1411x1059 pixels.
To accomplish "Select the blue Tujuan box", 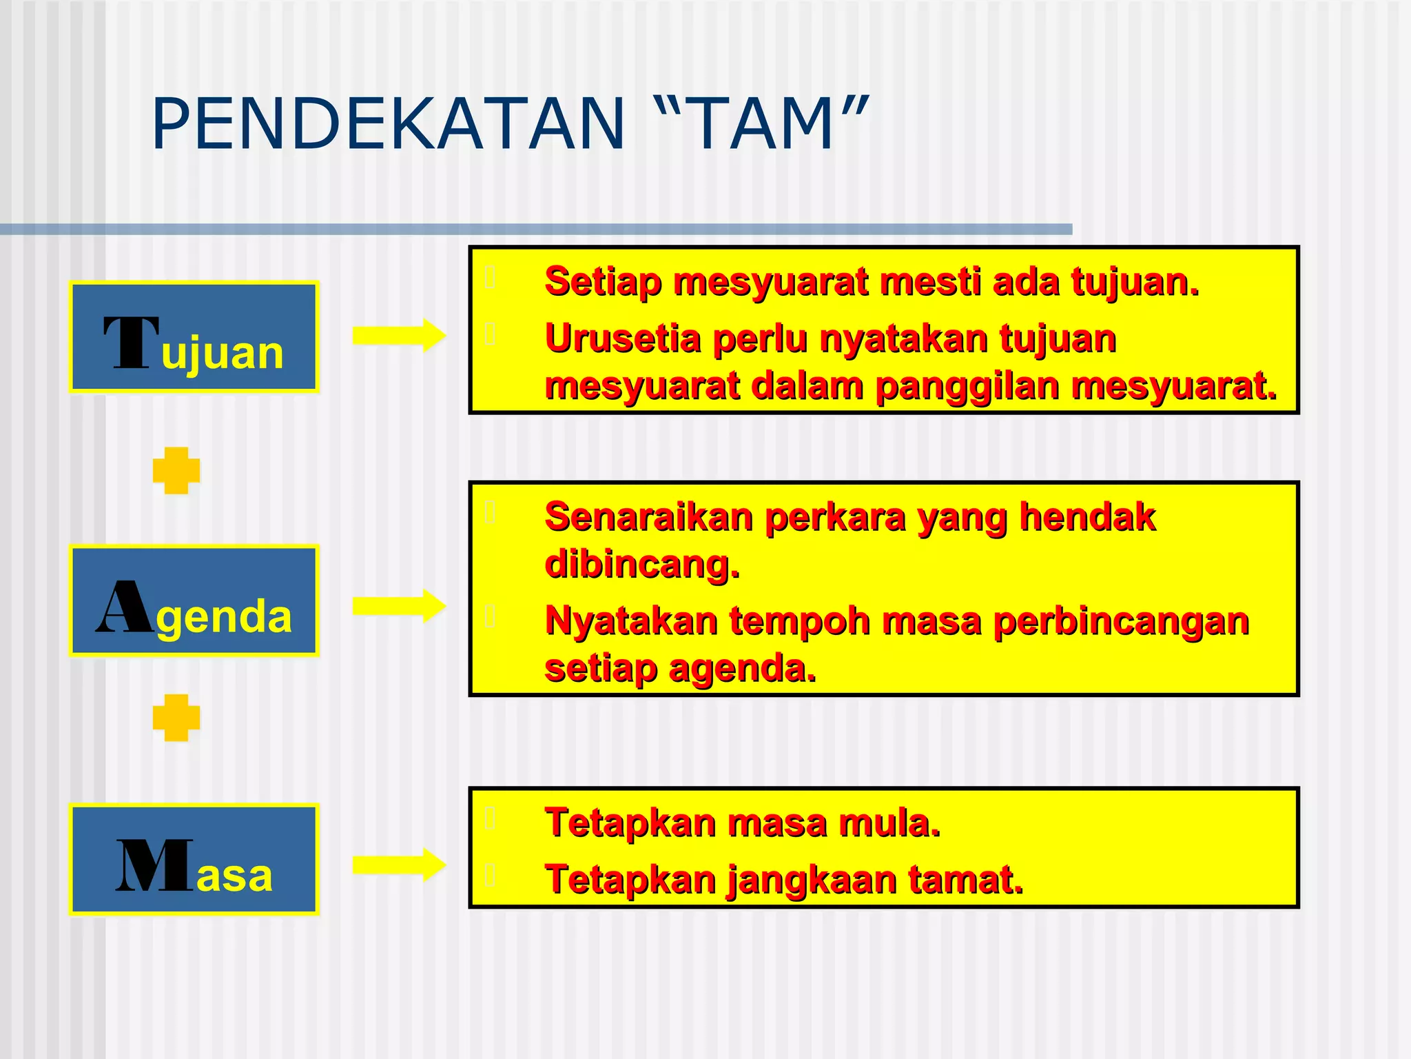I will click(x=194, y=337).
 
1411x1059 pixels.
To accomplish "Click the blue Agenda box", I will click(x=194, y=601).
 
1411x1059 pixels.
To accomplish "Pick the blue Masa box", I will click(x=194, y=860).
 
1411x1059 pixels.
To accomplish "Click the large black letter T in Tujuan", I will click(x=131, y=343).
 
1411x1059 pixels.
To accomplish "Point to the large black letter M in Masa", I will click(x=154, y=866).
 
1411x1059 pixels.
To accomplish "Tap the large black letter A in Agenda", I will click(x=125, y=607).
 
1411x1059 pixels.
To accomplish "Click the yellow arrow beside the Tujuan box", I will click(x=399, y=336).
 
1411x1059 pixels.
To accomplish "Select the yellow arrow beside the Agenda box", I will click(x=399, y=606).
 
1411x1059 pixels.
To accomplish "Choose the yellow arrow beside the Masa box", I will click(x=399, y=865).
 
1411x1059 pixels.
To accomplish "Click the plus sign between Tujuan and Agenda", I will click(x=176, y=471).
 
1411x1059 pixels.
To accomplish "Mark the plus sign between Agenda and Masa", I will click(x=176, y=718).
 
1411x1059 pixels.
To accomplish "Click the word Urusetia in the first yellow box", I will click(x=622, y=339).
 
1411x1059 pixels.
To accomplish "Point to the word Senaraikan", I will click(x=648, y=517).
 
